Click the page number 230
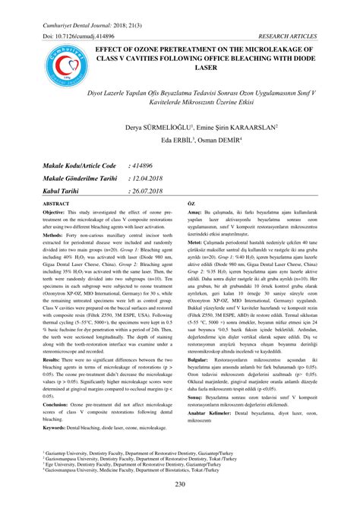point(179,485)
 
